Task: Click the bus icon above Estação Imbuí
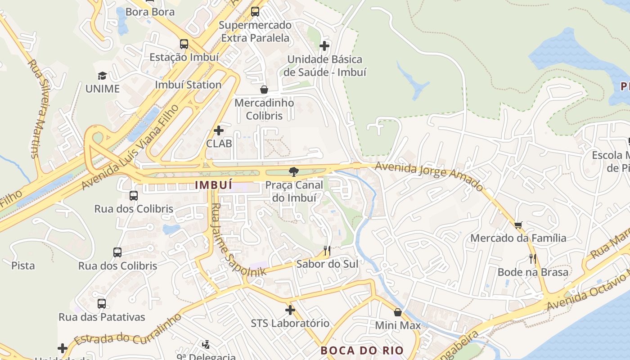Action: click(184, 44)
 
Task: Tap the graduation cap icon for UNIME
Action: click(103, 76)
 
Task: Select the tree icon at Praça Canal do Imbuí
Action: click(294, 171)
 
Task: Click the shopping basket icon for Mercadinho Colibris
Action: click(264, 90)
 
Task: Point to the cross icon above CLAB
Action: click(219, 130)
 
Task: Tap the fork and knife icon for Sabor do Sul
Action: click(327, 250)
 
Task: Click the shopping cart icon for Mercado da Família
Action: click(518, 225)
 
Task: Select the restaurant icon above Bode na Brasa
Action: click(533, 259)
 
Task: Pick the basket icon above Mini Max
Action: click(398, 312)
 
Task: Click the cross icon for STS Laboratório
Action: click(290, 310)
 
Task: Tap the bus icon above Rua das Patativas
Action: click(102, 304)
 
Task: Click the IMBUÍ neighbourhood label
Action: click(214, 185)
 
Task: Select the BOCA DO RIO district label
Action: click(362, 350)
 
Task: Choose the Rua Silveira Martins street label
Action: click(40, 108)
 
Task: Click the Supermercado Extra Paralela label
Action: click(255, 31)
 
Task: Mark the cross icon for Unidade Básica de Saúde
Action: click(324, 46)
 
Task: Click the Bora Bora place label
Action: click(150, 12)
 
